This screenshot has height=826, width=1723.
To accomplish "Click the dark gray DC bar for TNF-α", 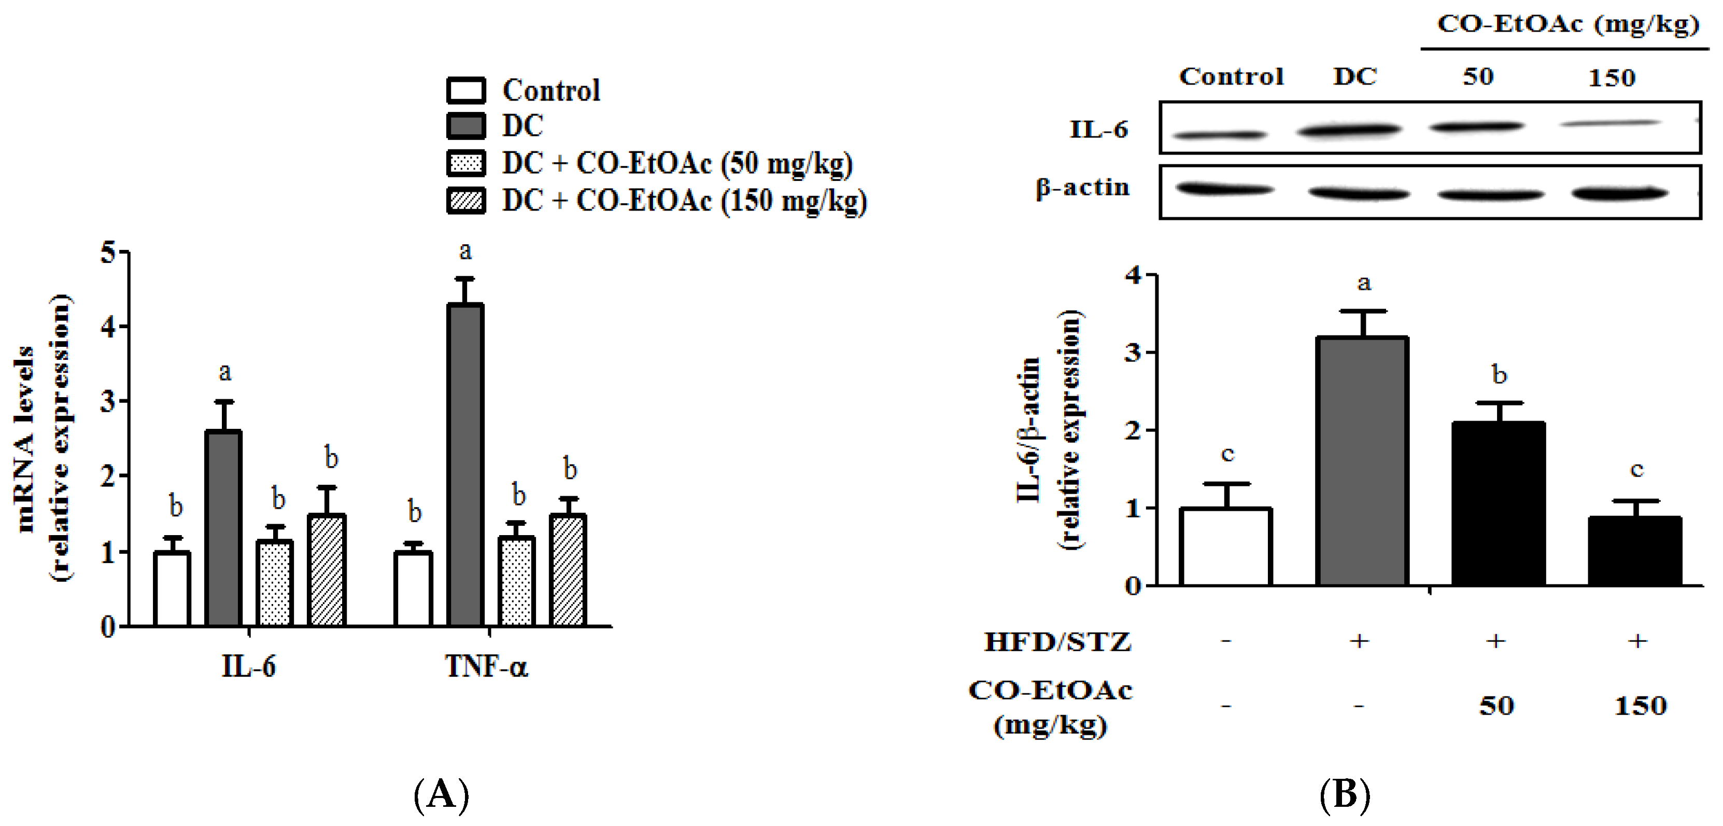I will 465,465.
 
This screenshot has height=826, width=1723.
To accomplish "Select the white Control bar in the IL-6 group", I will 172,589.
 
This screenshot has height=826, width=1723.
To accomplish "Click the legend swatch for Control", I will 465,90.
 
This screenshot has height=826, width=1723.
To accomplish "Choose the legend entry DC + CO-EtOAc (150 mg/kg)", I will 684,200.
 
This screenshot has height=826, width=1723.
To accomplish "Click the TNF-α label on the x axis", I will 486,667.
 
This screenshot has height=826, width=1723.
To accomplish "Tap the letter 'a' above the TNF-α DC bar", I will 465,251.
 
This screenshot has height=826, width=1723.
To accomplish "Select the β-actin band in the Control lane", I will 1224,189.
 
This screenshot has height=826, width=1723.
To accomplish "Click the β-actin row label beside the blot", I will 1082,187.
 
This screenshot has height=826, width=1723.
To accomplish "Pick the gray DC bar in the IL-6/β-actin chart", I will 1362,461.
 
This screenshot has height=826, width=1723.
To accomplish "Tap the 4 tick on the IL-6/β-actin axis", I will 1133,275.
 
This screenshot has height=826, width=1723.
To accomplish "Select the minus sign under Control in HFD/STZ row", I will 1225,641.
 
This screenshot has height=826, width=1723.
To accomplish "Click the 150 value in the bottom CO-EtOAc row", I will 1640,706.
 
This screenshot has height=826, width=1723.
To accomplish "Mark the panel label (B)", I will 1345,794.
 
